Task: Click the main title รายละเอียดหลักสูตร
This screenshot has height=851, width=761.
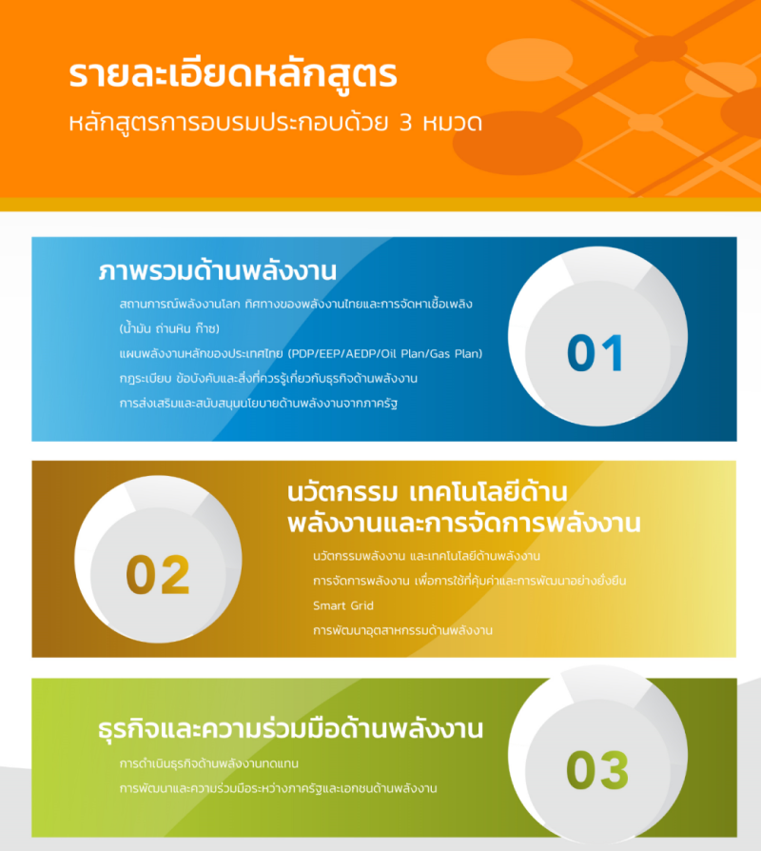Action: [x=233, y=74]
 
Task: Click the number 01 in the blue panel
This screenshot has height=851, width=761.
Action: [x=595, y=353]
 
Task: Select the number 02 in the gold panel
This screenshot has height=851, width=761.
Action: [x=158, y=574]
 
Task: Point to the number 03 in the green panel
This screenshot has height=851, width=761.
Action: [x=597, y=770]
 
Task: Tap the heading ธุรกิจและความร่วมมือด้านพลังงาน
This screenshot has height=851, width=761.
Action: [x=290, y=729]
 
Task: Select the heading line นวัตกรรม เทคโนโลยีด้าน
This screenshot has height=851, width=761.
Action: [x=427, y=492]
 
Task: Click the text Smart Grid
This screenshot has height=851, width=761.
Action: [x=343, y=605]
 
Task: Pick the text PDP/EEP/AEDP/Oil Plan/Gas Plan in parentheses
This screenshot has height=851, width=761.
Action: [x=385, y=354]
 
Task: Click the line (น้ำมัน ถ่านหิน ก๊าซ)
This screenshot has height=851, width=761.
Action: [x=169, y=328]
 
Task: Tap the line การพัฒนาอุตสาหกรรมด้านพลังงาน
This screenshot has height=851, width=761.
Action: [x=402, y=630]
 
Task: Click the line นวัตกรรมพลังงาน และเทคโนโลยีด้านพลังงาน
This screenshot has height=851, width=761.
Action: [x=426, y=556]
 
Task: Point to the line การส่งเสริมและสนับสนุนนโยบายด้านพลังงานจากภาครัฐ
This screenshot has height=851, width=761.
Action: [x=258, y=404]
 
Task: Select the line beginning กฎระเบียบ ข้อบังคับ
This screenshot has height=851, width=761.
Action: [x=268, y=378]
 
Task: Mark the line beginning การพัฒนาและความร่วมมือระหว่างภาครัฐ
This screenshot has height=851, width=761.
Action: [x=279, y=788]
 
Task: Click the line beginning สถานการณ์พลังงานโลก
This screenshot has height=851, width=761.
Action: [x=296, y=304]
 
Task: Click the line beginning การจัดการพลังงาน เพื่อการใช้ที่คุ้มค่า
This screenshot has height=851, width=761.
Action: [x=470, y=581]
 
